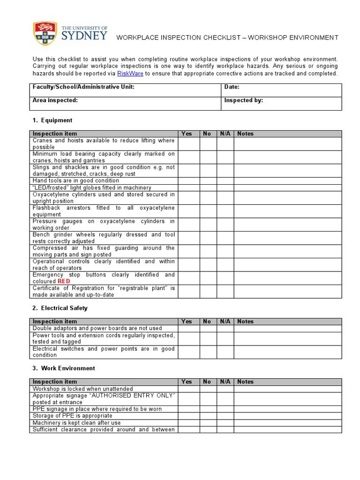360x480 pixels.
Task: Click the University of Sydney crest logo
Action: tap(45, 34)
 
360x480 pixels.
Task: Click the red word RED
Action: tap(64, 281)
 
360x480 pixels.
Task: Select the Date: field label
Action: tap(232, 87)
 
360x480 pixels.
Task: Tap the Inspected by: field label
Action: tap(243, 100)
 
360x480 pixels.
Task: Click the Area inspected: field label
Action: tap(55, 100)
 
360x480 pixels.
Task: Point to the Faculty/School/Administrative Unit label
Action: tap(83, 87)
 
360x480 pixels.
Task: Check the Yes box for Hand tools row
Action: tap(189, 180)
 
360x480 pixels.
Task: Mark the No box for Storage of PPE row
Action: tap(208, 416)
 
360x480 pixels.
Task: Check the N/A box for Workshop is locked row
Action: tap(225, 389)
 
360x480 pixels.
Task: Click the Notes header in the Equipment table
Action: tap(245, 134)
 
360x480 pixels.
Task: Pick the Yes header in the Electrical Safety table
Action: tap(187, 322)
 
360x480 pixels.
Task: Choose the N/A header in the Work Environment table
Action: tap(225, 382)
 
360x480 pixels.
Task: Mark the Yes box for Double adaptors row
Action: tap(189, 329)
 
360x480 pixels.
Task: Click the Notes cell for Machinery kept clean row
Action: tap(288, 423)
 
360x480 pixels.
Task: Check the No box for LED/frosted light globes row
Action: tap(208, 187)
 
